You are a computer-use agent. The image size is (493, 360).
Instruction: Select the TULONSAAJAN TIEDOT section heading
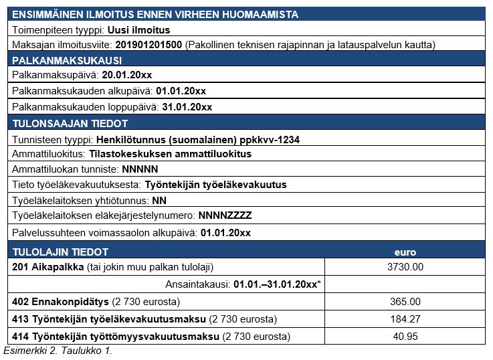click(x=70, y=123)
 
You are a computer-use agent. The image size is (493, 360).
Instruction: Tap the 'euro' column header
click(x=405, y=252)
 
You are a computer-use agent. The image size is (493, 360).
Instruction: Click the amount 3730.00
click(x=405, y=266)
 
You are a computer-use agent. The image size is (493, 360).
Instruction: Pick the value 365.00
click(x=405, y=302)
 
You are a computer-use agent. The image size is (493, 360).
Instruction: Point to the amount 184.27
click(x=405, y=319)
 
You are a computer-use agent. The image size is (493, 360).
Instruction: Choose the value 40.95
click(x=405, y=336)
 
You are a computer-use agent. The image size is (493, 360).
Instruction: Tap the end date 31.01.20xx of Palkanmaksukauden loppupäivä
click(x=187, y=107)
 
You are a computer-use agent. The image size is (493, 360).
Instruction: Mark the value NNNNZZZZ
click(x=225, y=215)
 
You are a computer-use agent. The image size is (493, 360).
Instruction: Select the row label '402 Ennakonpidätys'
click(x=55, y=302)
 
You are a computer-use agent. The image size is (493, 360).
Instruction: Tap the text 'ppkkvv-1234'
click(x=271, y=139)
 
